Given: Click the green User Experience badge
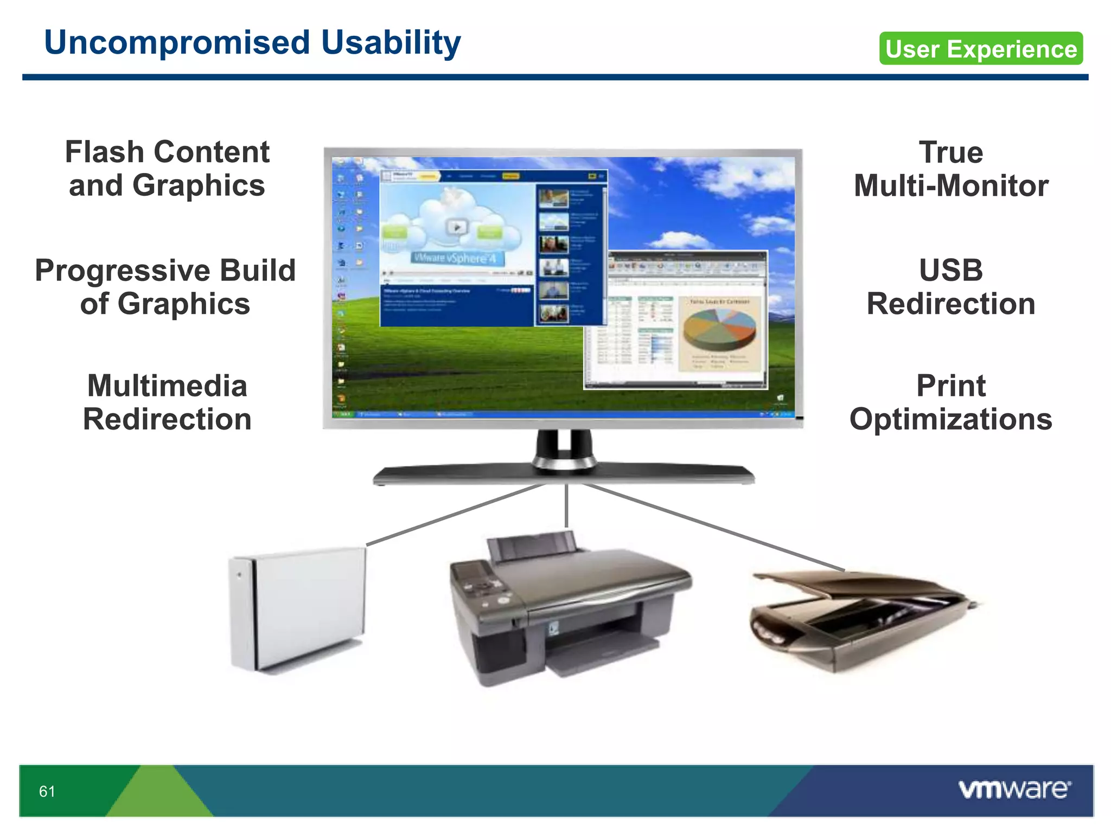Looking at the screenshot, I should click(x=981, y=49).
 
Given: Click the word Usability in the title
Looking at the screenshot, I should click(x=391, y=43).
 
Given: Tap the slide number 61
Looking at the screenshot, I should click(x=47, y=791).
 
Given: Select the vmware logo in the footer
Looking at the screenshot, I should click(x=1014, y=789).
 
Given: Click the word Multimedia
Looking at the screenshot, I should click(x=167, y=386).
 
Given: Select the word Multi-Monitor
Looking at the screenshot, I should click(x=951, y=186).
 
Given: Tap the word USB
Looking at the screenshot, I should click(x=951, y=270).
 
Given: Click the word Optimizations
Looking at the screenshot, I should click(x=951, y=420).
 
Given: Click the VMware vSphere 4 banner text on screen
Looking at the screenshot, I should click(x=455, y=258).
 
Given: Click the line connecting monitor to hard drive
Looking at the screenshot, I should click(x=456, y=514).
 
